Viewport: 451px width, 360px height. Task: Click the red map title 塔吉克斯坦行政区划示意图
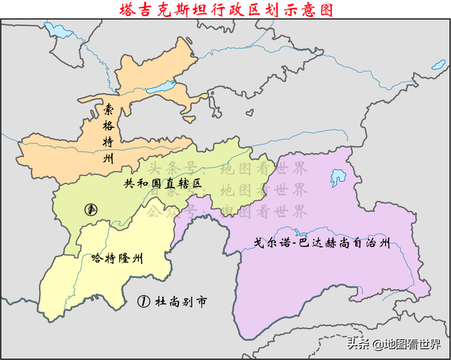(225, 9)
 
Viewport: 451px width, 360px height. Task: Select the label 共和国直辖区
(163, 182)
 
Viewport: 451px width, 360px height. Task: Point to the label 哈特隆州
(118, 258)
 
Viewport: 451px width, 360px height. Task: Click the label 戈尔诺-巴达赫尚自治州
(322, 244)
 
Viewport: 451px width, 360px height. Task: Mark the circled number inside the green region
(90, 209)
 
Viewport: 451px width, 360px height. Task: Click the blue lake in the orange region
(163, 88)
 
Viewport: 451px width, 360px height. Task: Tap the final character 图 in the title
(323, 9)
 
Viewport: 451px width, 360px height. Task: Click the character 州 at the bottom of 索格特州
(108, 159)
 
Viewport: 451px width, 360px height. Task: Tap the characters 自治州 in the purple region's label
(373, 244)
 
